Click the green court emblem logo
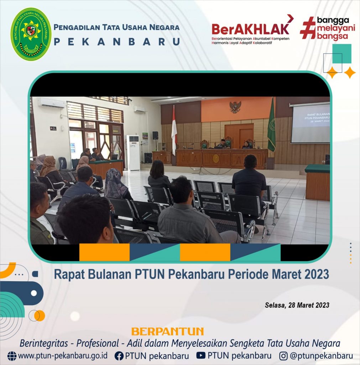pyautogui.click(x=31, y=34)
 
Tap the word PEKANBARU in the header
pyautogui.click(x=117, y=42)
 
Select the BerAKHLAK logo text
pyautogui.click(x=251, y=29)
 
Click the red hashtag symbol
pyautogui.click(x=308, y=28)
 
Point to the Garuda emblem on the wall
pyautogui.click(x=235, y=107)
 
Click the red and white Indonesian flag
pyautogui.click(x=174, y=130)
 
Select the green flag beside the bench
pyautogui.click(x=271, y=125)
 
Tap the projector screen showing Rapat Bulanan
pyautogui.click(x=311, y=123)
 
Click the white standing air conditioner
pyautogui.click(x=133, y=153)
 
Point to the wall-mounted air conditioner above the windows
pyautogui.click(x=52, y=103)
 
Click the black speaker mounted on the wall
pyautogui.click(x=155, y=135)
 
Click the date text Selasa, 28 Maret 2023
pyautogui.click(x=297, y=305)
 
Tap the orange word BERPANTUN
pyautogui.click(x=167, y=331)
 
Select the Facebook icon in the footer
pyautogui.click(x=119, y=356)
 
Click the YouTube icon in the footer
pyautogui.click(x=201, y=355)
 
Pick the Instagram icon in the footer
pyautogui.click(x=283, y=356)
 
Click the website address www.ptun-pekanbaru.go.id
pyautogui.click(x=63, y=356)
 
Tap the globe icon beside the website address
pyautogui.click(x=12, y=356)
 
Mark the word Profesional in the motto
pyautogui.click(x=98, y=343)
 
